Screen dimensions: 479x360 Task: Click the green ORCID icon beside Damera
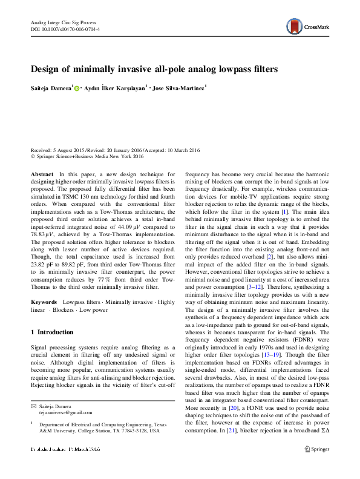coord(77,88)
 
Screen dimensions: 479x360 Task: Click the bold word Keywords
coord(44,301)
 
